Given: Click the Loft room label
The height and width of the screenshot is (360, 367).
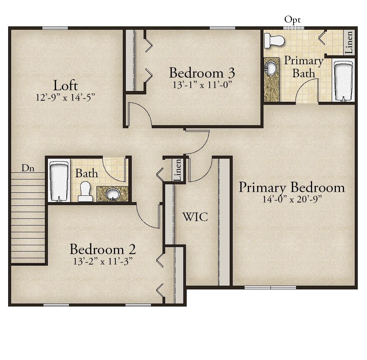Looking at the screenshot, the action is (x=66, y=85).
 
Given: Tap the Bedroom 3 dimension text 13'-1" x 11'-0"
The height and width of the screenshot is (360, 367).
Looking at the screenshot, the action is (x=203, y=85).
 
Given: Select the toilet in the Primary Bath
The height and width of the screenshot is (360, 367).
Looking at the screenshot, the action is (x=274, y=40).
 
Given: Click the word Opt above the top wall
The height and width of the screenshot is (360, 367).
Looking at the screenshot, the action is (x=292, y=20).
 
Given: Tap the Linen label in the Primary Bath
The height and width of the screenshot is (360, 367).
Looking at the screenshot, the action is (x=349, y=43).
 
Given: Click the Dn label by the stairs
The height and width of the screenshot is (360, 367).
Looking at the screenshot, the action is (x=28, y=168).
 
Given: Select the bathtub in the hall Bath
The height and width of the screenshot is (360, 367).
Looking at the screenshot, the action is (x=59, y=181).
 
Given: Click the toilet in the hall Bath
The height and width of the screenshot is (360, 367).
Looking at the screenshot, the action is (x=85, y=191).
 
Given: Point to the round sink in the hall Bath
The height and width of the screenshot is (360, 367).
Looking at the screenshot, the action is (x=113, y=194).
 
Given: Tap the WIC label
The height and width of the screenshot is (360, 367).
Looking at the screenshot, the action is (x=195, y=217).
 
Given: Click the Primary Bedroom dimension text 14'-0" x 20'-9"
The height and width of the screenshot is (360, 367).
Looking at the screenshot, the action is (x=292, y=199).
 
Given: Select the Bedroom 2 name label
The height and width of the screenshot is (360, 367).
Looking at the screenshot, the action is (x=103, y=249).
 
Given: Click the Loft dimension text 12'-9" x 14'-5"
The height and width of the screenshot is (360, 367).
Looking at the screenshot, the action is (x=66, y=97).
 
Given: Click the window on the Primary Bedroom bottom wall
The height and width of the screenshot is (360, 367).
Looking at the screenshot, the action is (x=271, y=287).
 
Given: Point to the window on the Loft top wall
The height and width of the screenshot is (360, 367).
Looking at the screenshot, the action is (x=55, y=28).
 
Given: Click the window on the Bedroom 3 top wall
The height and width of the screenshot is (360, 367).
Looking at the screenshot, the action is (x=222, y=28).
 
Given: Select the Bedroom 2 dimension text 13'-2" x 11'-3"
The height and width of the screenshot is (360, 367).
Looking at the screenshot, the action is (x=103, y=261).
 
